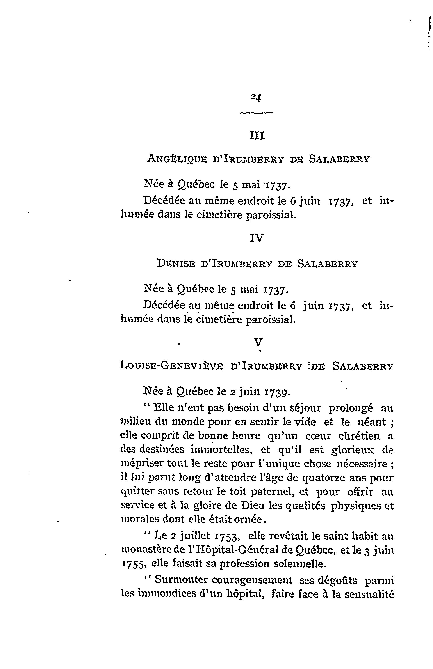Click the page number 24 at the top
pos(256,97)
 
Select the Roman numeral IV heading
pos(257,238)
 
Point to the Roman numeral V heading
pos(258,342)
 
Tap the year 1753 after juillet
pos(227,536)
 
